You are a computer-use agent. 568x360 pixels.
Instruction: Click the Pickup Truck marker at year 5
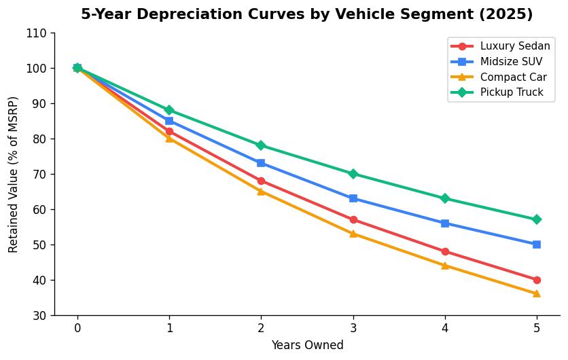(x=537, y=219)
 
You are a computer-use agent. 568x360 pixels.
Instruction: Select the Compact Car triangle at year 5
(x=537, y=293)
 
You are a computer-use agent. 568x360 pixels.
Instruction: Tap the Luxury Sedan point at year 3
(x=353, y=219)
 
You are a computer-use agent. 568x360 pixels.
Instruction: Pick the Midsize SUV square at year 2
(x=261, y=163)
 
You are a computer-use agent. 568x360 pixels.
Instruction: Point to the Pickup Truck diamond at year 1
(x=169, y=110)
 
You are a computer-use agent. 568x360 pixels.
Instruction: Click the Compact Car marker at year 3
(x=353, y=234)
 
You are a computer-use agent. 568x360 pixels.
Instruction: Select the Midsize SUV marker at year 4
(x=445, y=223)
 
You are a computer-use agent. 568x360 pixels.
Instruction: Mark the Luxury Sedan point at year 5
(x=537, y=280)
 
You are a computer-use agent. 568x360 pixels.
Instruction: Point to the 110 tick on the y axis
(x=38, y=33)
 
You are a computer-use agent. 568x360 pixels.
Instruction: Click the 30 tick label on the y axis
(x=41, y=316)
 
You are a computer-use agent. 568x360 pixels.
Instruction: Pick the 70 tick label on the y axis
(x=41, y=175)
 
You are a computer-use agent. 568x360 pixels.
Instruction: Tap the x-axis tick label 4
(x=445, y=327)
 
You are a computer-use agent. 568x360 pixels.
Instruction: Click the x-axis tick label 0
(x=77, y=327)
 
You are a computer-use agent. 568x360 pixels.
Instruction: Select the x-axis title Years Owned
(x=307, y=345)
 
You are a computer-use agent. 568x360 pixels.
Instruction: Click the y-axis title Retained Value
(x=14, y=175)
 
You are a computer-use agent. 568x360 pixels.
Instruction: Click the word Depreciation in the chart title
(x=171, y=14)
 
